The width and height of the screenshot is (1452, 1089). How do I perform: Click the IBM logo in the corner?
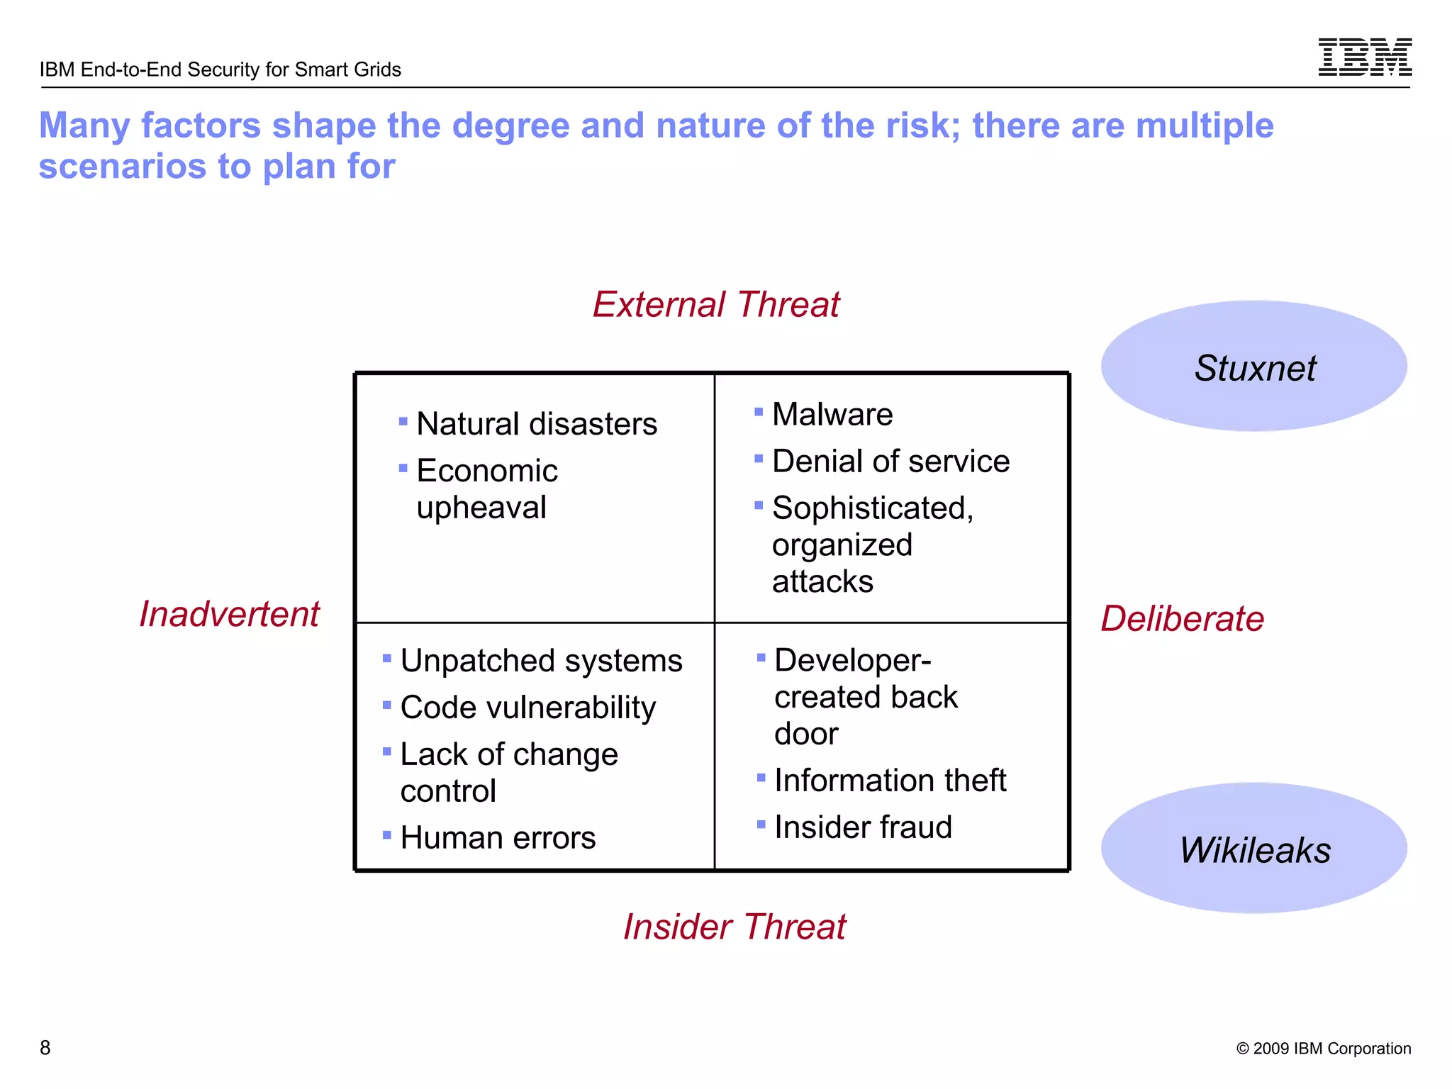point(1364,57)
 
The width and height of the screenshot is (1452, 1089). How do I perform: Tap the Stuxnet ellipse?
point(1253,367)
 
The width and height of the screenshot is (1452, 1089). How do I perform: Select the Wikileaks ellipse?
point(1253,849)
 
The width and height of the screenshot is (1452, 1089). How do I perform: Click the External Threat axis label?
point(715,305)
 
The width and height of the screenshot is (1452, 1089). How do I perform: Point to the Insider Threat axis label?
point(734,927)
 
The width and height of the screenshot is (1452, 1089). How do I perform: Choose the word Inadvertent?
point(229,614)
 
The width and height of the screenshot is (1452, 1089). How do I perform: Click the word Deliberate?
point(1182,618)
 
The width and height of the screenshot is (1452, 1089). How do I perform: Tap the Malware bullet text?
point(832,414)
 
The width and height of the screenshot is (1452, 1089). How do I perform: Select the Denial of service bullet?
point(890,462)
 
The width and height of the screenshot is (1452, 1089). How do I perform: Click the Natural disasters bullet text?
point(536,424)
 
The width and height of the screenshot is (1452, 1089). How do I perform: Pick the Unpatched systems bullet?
point(540,661)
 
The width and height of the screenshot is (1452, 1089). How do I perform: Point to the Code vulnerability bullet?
point(527,708)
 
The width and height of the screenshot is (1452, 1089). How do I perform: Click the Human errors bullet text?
point(497,838)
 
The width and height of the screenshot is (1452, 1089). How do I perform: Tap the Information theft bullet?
point(890,781)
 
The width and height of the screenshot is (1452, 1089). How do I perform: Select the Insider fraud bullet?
point(862,827)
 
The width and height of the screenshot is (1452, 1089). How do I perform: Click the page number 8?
point(45,1047)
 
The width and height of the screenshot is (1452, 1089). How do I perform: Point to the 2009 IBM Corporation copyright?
point(1323,1049)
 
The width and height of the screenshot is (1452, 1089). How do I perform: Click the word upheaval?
point(481,508)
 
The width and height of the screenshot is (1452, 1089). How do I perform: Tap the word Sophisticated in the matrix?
point(871,508)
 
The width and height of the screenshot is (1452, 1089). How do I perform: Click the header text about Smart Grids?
point(220,69)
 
